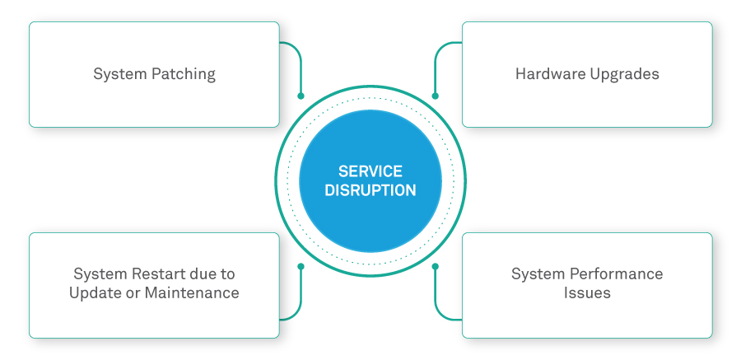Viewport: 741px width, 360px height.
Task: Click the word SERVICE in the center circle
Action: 370,171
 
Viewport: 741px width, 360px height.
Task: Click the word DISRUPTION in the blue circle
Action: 370,190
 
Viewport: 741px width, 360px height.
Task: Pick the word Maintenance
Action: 191,292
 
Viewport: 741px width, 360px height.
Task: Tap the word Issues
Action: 587,292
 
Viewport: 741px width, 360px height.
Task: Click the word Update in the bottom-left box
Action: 96,292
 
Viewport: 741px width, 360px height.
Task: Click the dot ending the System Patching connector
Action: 301,96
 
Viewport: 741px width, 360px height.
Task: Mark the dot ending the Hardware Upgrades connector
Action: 436,96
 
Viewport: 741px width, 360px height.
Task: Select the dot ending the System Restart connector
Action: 301,266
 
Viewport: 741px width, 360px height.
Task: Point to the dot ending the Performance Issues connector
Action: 436,266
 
